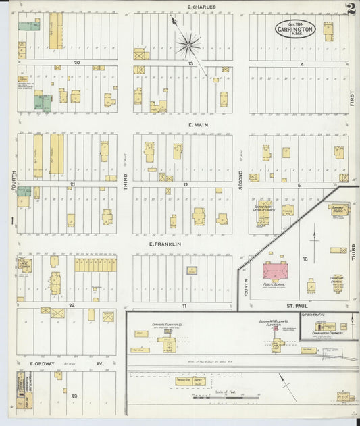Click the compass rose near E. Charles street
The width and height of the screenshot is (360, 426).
[x=188, y=46]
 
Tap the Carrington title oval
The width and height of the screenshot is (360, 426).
[x=297, y=30]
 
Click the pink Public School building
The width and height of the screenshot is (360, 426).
[x=275, y=271]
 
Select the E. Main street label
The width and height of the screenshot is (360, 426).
[x=197, y=124]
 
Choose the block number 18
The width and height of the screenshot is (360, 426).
[x=305, y=259]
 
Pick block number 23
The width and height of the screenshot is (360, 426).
[x=74, y=396]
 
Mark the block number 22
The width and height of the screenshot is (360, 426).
[x=71, y=304]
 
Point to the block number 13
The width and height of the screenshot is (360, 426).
[x=191, y=63]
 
